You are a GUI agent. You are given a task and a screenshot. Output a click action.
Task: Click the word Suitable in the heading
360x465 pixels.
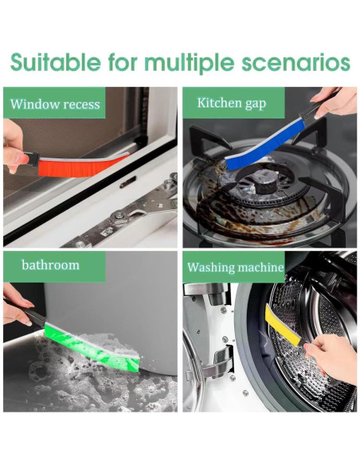pos(55,62)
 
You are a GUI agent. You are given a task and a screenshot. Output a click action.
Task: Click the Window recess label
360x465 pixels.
pos(55,104)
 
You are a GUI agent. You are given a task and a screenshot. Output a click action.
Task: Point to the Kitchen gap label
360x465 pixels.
pos(232,104)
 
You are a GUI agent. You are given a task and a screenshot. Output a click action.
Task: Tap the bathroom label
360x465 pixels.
pos(50,265)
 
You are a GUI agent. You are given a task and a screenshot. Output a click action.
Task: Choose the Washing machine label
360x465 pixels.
pos(236,267)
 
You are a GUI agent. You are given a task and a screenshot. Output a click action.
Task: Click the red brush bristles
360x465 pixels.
pos(84,166)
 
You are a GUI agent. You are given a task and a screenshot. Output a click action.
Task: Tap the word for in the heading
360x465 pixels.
pos(123,62)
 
